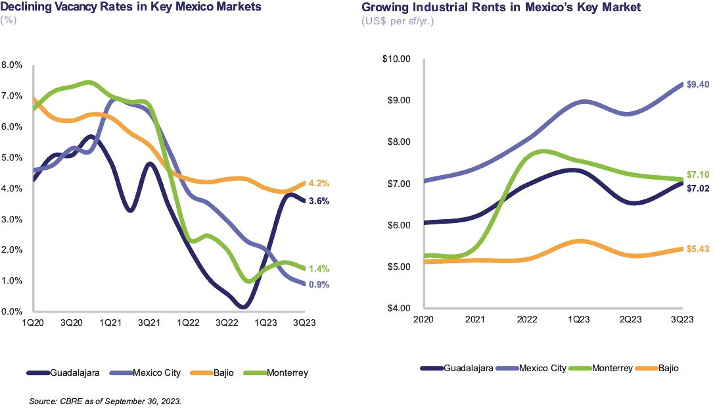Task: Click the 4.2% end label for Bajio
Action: pyautogui.click(x=319, y=184)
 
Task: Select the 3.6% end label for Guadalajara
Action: pyautogui.click(x=319, y=201)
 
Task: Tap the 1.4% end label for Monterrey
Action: pyautogui.click(x=319, y=268)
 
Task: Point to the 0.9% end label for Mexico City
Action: pyautogui.click(x=319, y=284)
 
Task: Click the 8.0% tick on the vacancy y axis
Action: pyautogui.click(x=12, y=65)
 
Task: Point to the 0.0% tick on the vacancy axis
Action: pyautogui.click(x=12, y=311)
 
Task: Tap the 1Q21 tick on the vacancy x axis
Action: pyautogui.click(x=110, y=324)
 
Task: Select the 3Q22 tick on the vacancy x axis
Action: pyautogui.click(x=227, y=324)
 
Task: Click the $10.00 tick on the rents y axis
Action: pyautogui.click(x=396, y=59)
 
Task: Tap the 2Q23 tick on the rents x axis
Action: pyautogui.click(x=630, y=319)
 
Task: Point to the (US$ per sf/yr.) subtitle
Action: pyautogui.click(x=398, y=21)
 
